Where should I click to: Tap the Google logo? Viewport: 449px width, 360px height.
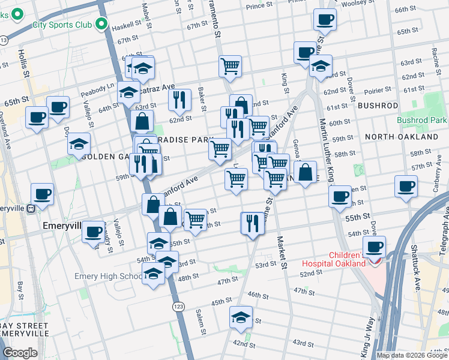tap(20, 352)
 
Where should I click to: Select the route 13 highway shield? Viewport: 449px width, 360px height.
tap(5, 40)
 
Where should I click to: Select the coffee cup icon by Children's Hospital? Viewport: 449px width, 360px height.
tap(375, 246)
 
